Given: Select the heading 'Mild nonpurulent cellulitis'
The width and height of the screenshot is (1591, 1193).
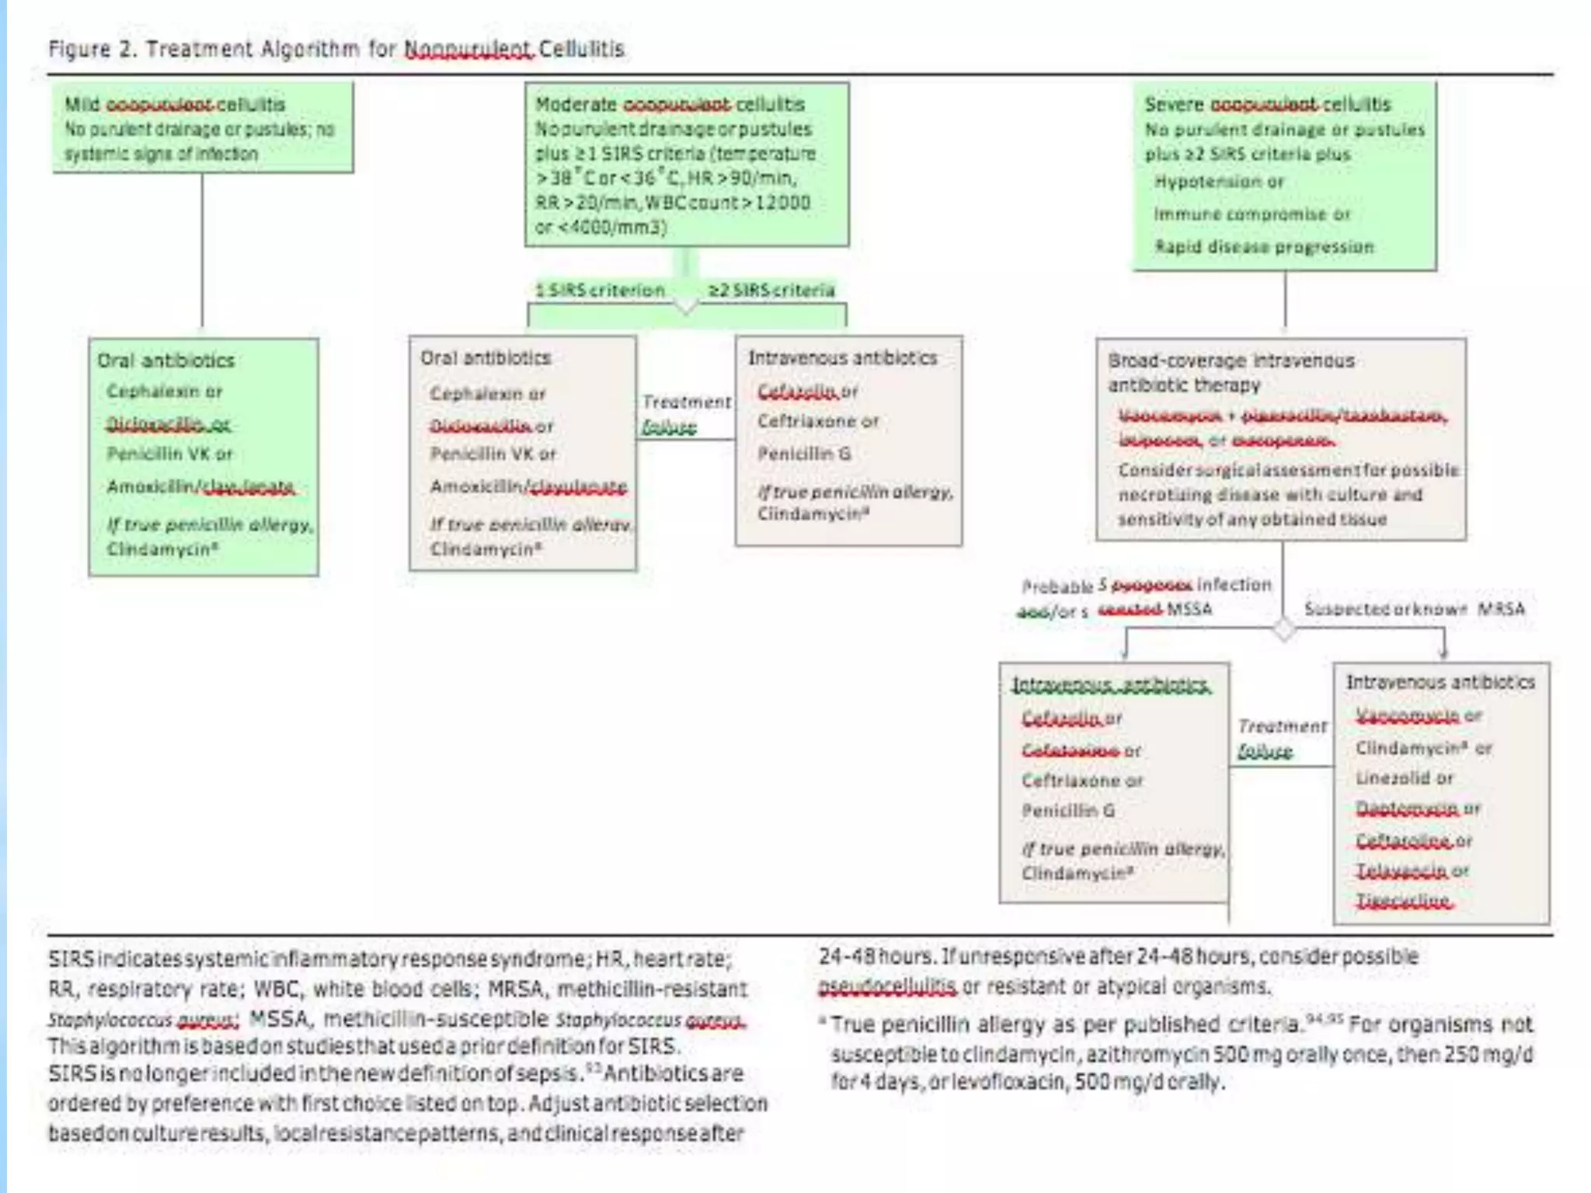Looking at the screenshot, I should pyautogui.click(x=175, y=104).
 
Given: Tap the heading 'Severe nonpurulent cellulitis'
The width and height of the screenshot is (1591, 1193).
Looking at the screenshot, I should pyautogui.click(x=1267, y=104).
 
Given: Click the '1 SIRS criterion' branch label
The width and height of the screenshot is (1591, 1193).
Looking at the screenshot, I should pyautogui.click(x=600, y=290).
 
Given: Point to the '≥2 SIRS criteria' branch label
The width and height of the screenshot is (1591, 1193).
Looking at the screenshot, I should pyautogui.click(x=771, y=290).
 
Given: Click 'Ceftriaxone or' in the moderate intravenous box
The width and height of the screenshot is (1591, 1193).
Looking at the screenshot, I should pyautogui.click(x=818, y=421).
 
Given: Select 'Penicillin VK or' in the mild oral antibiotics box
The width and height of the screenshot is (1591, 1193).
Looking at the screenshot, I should pyautogui.click(x=169, y=454).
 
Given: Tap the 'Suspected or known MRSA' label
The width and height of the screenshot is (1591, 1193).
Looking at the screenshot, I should pyautogui.click(x=1414, y=608).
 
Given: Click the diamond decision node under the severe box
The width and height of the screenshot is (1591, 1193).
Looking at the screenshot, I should pyautogui.click(x=1284, y=629).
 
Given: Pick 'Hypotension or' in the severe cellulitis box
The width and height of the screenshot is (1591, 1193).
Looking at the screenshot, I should pyautogui.click(x=1219, y=182).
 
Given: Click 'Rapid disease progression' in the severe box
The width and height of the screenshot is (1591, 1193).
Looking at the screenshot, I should pyautogui.click(x=1264, y=247).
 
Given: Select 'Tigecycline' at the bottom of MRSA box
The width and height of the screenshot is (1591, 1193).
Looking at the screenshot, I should pyautogui.click(x=1403, y=901).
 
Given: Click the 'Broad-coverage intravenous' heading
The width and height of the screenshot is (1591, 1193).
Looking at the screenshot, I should pyautogui.click(x=1231, y=361).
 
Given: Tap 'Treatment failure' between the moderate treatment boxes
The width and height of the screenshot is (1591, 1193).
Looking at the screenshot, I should pyautogui.click(x=685, y=413).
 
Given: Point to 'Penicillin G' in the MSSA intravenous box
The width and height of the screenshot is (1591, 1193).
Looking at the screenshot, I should pyautogui.click(x=1068, y=811).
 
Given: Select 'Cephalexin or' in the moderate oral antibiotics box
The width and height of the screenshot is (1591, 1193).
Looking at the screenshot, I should pyautogui.click(x=488, y=394).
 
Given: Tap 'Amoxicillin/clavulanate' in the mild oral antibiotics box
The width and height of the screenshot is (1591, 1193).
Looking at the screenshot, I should pyautogui.click(x=200, y=487).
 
